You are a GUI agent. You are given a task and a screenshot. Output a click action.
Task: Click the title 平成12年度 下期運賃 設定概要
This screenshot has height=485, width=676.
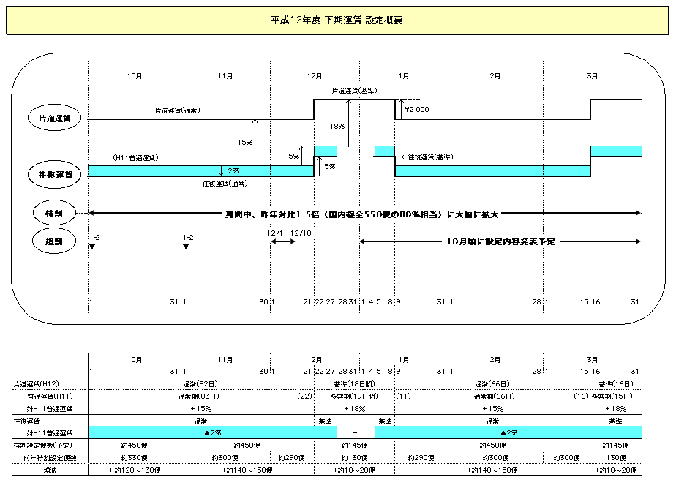click(337, 20)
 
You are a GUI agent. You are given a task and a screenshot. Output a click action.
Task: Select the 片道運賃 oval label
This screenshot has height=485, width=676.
click(56, 118)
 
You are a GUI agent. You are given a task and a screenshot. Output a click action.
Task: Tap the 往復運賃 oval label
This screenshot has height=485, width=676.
click(56, 175)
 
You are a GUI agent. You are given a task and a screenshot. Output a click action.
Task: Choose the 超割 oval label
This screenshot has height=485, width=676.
click(56, 240)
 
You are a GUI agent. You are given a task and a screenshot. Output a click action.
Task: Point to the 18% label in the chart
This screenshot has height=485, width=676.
click(337, 126)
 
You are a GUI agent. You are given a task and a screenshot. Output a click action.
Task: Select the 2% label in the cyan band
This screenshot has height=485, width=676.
click(233, 170)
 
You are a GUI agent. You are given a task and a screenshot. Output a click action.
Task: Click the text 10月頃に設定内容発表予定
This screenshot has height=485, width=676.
click(500, 241)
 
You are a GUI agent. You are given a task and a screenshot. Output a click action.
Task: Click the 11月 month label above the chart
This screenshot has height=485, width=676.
click(225, 76)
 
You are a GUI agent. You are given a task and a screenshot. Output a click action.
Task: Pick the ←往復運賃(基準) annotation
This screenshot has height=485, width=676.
click(427, 157)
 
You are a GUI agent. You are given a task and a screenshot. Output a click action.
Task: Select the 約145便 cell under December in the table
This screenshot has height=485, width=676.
click(353, 445)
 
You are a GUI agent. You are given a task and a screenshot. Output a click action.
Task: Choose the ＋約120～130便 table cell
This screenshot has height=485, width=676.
click(134, 470)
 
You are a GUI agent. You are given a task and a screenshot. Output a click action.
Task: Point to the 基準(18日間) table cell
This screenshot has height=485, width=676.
click(354, 383)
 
